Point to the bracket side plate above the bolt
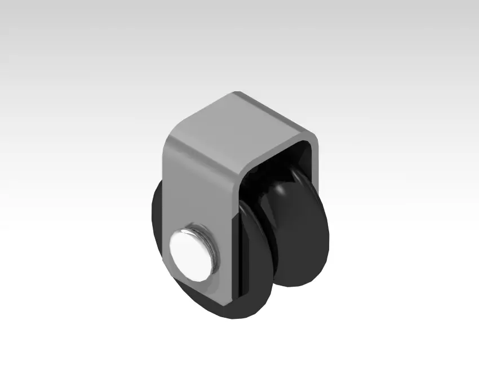(x=194, y=186)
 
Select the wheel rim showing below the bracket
(x=237, y=310)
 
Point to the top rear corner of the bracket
(x=237, y=94)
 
